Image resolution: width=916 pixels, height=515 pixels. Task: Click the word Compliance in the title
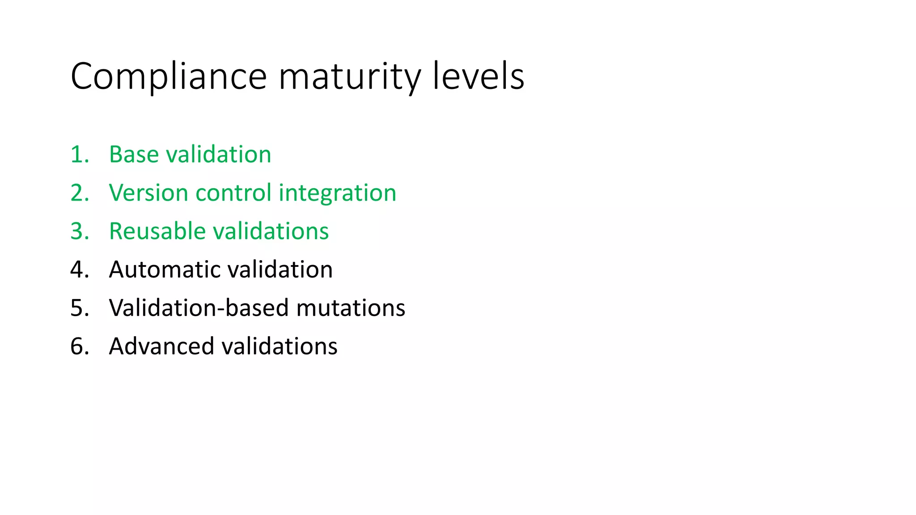pos(169,77)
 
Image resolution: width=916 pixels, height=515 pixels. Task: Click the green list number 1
pos(79,155)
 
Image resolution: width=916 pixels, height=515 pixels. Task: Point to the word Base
pos(134,155)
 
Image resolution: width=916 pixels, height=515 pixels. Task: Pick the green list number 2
pos(79,193)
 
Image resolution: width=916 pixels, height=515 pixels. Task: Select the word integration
pos(337,193)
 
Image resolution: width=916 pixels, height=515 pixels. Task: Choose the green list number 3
pos(79,232)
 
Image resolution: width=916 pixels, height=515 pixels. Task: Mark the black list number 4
pos(79,270)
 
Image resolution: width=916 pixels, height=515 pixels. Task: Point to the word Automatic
pos(165,270)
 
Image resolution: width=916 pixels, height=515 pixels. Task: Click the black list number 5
pos(79,308)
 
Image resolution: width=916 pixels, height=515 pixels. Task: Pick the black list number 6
pos(79,347)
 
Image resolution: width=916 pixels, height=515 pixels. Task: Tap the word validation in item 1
pos(219,155)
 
